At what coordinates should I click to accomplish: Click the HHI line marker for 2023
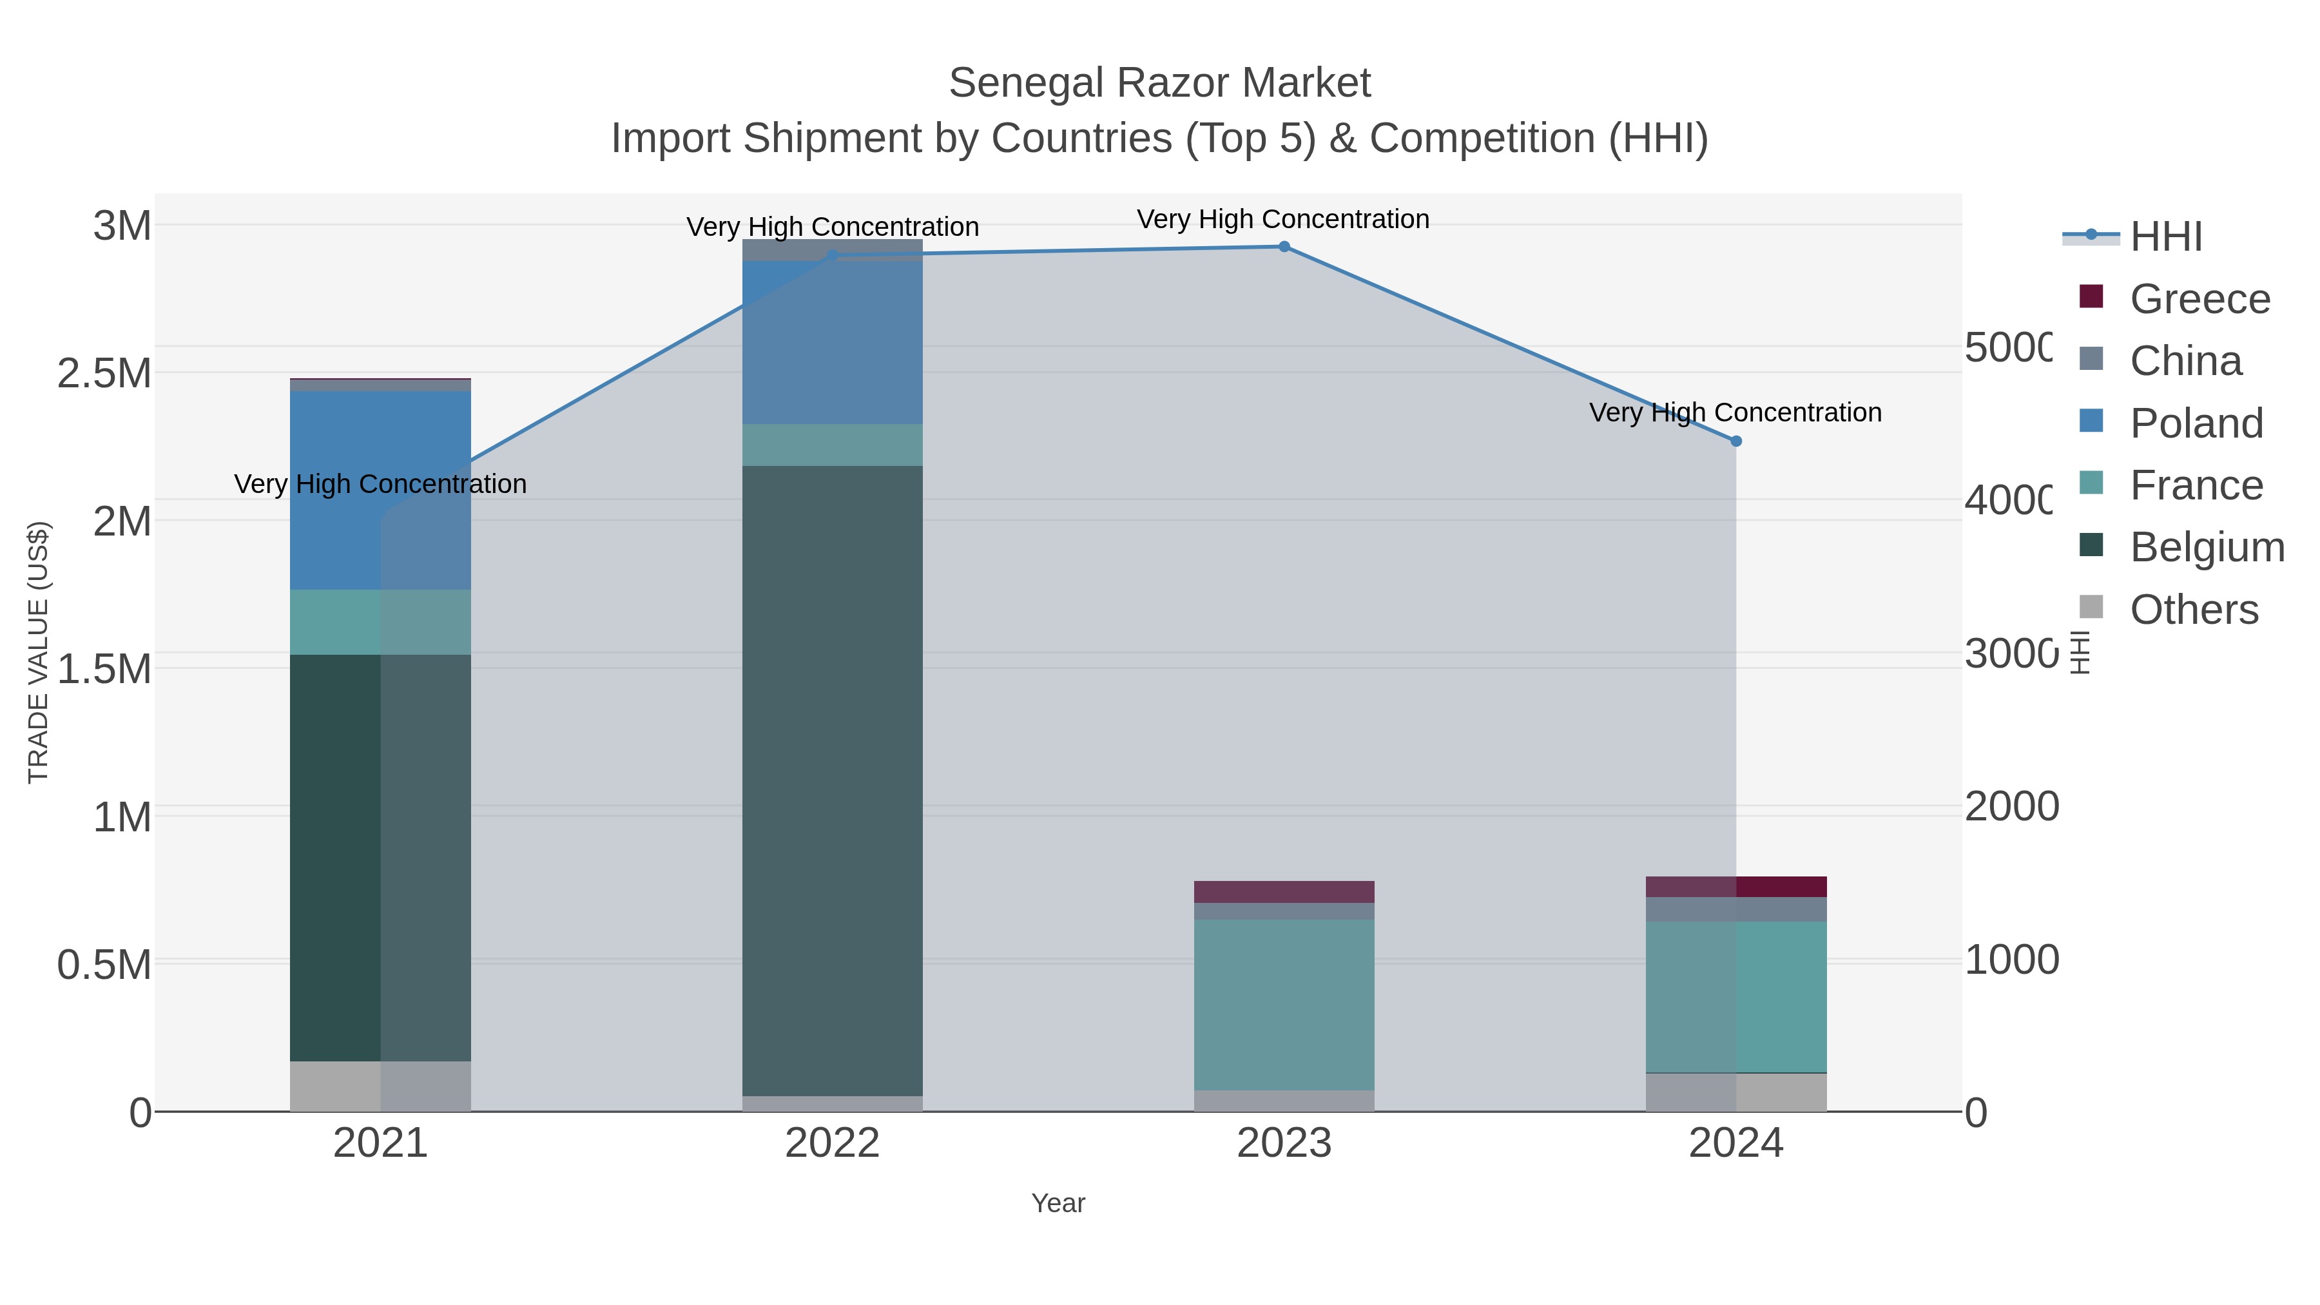tap(1284, 247)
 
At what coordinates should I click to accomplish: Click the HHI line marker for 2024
tap(1736, 441)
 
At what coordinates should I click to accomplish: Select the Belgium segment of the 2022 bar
tap(832, 780)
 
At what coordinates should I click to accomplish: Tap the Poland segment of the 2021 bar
tap(380, 491)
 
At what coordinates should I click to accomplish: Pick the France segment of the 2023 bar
tap(1284, 1004)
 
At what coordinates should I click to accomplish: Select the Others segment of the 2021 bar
tap(380, 1086)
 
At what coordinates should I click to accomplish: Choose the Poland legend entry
tap(2196, 423)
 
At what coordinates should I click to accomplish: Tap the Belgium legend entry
tap(2207, 548)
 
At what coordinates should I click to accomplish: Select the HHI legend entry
tap(2165, 237)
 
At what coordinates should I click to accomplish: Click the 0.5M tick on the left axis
tap(104, 965)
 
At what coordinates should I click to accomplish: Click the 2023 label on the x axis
tap(1284, 1144)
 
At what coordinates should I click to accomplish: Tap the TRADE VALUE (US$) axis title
tap(38, 652)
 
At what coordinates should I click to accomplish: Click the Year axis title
tap(1058, 1203)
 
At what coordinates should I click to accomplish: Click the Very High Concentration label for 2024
tap(1735, 412)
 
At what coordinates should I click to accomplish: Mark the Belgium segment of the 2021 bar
tap(380, 857)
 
